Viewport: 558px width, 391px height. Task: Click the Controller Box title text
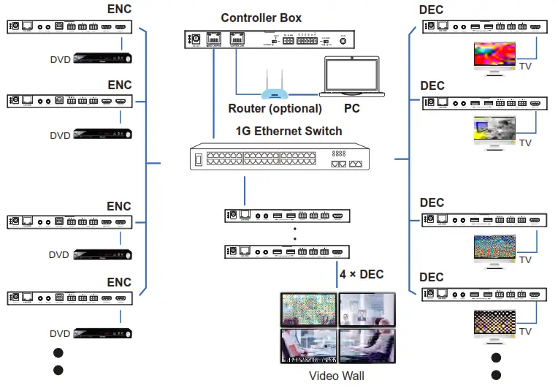coord(261,18)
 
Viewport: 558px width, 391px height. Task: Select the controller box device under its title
coord(269,39)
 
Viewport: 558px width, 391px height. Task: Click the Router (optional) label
coord(275,109)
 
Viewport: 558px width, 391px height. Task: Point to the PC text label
coord(352,109)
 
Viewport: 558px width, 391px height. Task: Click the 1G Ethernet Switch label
coord(288,132)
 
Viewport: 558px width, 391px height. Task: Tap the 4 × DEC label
coord(362,275)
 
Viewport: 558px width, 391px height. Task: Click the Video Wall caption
coord(336,376)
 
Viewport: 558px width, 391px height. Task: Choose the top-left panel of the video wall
coord(308,309)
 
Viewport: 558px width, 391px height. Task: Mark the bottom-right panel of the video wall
coord(366,345)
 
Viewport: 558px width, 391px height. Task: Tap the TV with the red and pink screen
coord(494,55)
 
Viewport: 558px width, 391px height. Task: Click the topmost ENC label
coord(120,10)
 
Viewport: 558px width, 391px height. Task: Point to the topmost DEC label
coord(432,10)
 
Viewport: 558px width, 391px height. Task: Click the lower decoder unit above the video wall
coord(288,252)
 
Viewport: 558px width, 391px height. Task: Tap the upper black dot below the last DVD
coord(58,353)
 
